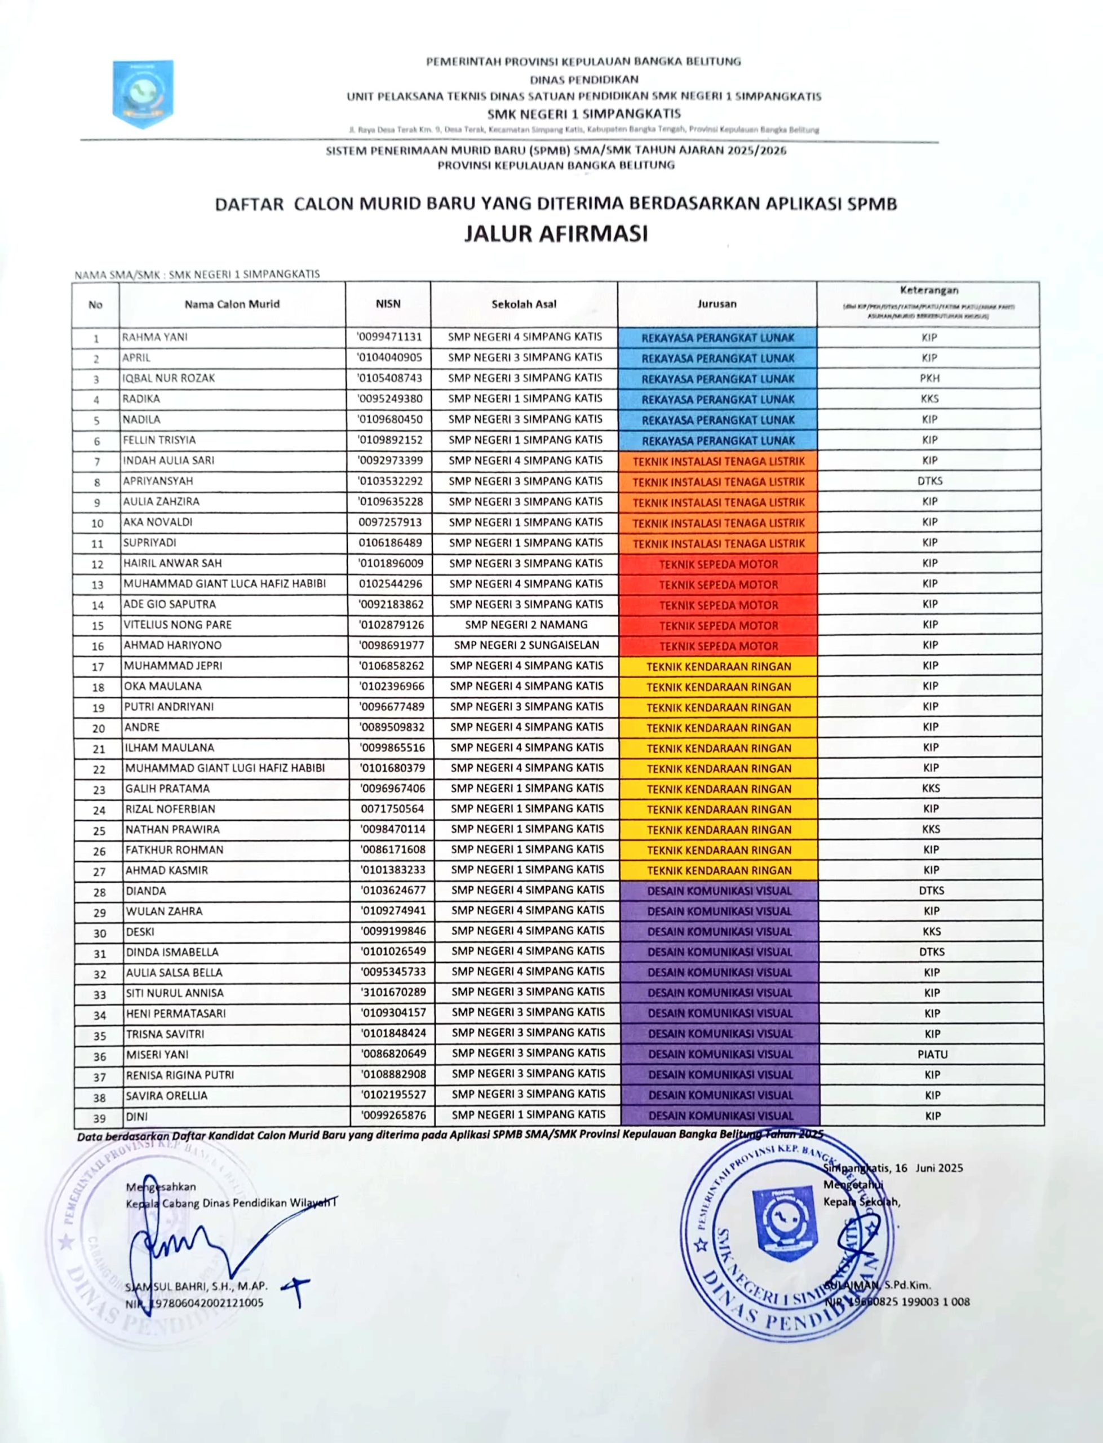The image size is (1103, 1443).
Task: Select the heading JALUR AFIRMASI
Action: tap(555, 234)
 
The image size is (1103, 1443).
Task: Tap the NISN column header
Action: tap(388, 304)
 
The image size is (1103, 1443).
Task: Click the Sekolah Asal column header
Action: tap(524, 304)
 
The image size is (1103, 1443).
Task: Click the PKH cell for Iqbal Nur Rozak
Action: tap(929, 378)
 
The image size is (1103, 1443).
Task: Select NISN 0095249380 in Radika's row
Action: tap(390, 399)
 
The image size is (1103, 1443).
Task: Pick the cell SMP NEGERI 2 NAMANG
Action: tap(526, 625)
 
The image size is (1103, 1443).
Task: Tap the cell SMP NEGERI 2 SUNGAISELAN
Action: tap(526, 645)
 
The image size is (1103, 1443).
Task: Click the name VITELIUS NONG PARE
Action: tap(178, 625)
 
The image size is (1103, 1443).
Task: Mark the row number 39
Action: tap(99, 1117)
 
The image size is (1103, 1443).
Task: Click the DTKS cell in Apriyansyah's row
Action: tap(929, 481)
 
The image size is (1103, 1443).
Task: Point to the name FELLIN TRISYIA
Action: tap(159, 440)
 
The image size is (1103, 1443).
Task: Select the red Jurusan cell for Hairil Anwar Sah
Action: tap(718, 564)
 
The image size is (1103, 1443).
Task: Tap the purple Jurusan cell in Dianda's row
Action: tap(720, 891)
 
